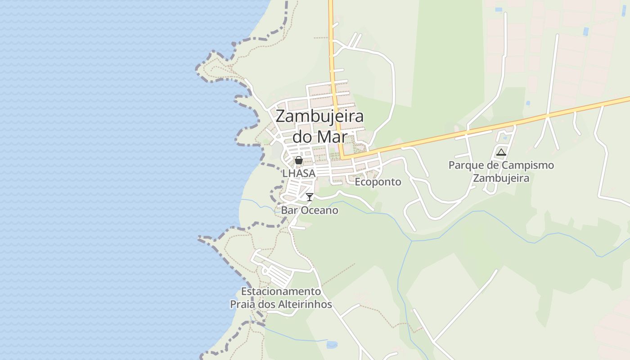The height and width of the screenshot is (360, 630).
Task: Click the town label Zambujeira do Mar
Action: click(x=319, y=126)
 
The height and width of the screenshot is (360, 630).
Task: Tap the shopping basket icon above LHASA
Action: click(x=298, y=160)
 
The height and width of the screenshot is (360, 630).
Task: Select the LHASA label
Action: click(x=299, y=173)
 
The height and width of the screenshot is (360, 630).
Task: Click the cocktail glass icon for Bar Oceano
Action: click(x=310, y=197)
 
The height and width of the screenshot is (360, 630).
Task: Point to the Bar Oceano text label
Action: click(x=310, y=210)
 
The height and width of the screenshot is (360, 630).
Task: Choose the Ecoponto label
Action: click(x=378, y=182)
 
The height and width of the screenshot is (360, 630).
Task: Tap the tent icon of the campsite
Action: click(x=501, y=152)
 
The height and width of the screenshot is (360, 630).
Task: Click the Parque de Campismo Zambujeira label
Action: click(x=501, y=171)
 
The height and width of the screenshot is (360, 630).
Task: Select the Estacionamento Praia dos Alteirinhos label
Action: click(x=281, y=298)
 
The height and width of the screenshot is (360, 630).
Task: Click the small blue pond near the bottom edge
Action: click(x=332, y=345)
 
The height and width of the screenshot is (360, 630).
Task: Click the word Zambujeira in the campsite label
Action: click(x=501, y=178)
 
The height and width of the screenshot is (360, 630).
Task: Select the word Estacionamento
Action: click(x=281, y=291)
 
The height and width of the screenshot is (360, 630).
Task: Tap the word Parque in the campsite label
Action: click(x=463, y=165)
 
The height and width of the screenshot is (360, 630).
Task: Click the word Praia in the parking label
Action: click(x=243, y=305)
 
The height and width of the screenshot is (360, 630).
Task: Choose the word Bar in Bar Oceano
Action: click(x=288, y=210)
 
